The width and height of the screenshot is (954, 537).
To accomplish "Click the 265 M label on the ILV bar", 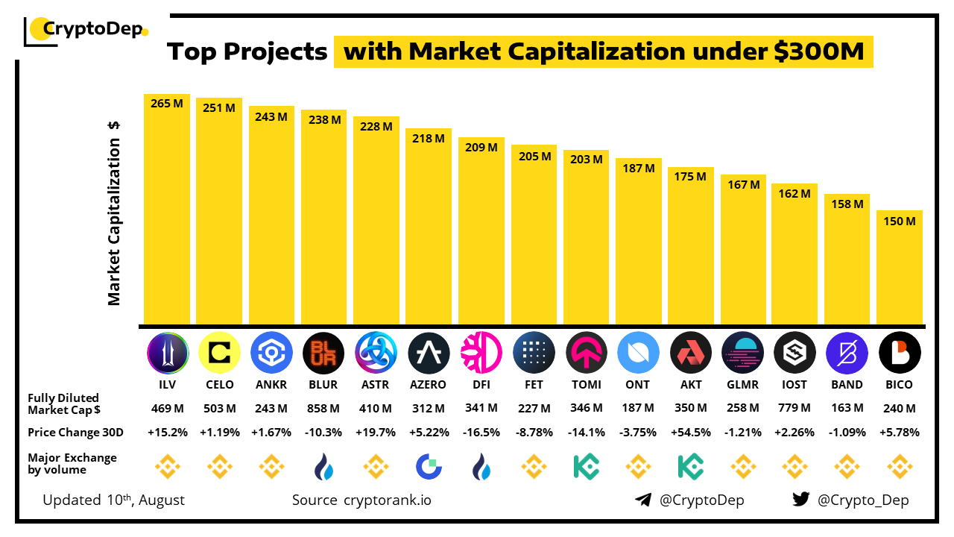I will tap(167, 104).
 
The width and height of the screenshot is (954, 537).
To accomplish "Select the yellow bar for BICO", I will tap(900, 268).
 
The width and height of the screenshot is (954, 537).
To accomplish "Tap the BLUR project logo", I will tap(323, 352).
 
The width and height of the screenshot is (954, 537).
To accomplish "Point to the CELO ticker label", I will tap(219, 385).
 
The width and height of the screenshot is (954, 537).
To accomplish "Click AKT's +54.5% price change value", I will tap(690, 432).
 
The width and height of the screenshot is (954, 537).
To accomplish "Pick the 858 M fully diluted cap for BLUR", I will tap(323, 408).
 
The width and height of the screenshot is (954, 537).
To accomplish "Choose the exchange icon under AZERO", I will tap(429, 467).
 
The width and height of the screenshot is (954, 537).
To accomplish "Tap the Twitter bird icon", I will tap(801, 500).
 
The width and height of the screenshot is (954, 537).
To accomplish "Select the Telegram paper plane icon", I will tap(643, 500).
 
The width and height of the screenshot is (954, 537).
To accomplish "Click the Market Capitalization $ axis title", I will tap(114, 213).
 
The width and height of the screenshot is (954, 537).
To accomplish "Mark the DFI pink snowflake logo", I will tap(481, 352).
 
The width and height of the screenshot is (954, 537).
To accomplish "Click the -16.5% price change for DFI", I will tap(481, 432).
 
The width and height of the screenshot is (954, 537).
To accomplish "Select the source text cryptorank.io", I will tap(387, 500).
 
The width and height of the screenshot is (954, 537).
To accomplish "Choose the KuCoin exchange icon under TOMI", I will tap(586, 467).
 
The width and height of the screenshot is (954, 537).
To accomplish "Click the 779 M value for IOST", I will tap(795, 408).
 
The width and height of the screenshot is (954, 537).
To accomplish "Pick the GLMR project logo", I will tap(743, 352).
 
